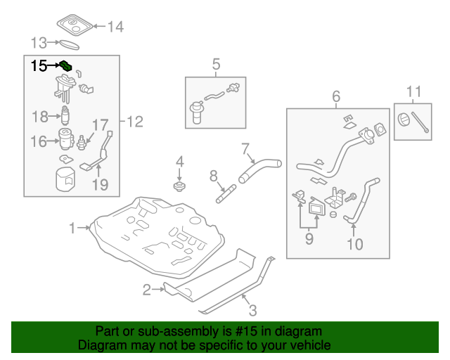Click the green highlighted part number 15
(66, 66)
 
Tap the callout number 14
(115, 27)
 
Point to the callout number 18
(39, 116)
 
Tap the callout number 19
(100, 186)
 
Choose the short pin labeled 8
(225, 189)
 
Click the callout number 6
(336, 96)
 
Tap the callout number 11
(414, 91)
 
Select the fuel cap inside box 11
(405, 120)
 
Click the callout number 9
(308, 239)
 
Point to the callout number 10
(354, 245)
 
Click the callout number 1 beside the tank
(73, 228)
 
